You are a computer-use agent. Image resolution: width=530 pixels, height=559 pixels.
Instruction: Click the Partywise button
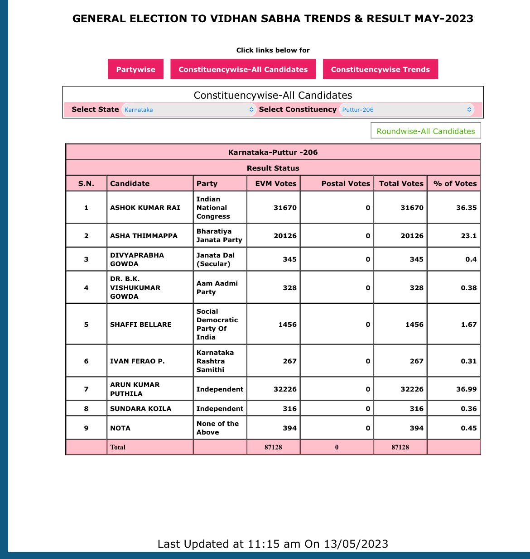(135, 69)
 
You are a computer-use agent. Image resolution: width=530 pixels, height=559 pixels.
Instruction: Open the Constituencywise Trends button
(380, 69)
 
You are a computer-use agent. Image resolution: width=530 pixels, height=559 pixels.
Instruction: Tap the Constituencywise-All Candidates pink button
(243, 69)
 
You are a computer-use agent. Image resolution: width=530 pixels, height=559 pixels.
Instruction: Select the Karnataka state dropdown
(188, 110)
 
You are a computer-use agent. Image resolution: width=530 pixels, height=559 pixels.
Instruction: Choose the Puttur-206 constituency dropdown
(406, 110)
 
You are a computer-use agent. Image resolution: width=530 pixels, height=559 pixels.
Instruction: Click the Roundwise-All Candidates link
(425, 131)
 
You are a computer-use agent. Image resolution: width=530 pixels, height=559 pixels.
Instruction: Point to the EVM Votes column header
(275, 183)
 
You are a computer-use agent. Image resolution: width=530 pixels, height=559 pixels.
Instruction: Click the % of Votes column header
(455, 183)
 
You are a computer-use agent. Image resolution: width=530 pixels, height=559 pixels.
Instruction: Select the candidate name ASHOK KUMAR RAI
(145, 208)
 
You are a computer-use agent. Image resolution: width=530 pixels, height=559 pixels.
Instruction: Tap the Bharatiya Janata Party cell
(219, 236)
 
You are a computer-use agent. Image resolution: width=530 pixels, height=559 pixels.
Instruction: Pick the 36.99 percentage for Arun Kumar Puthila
(466, 389)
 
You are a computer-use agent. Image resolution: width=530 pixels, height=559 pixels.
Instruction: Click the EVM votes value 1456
(287, 325)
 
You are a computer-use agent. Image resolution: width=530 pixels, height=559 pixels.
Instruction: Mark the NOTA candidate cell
(120, 428)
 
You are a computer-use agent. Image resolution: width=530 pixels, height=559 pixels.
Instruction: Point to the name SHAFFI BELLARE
(141, 325)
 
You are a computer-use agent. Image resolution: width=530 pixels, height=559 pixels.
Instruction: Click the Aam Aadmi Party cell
(217, 288)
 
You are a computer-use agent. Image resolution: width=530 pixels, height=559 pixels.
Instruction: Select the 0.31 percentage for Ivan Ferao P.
(468, 361)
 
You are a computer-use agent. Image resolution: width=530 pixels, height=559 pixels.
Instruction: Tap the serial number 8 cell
(86, 409)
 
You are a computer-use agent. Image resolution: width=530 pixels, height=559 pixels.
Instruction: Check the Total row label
(118, 447)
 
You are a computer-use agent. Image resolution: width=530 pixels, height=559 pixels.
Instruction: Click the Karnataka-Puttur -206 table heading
(273, 152)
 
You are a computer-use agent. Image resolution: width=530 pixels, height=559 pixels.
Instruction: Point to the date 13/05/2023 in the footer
(356, 544)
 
